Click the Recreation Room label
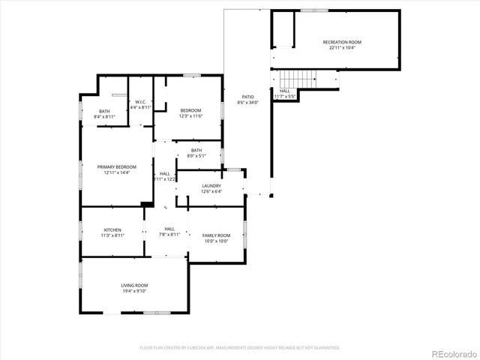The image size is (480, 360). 342,42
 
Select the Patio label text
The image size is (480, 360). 247,97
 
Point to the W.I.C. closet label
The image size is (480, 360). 141,102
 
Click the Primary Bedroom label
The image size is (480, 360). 117,166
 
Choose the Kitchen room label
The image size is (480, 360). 113,229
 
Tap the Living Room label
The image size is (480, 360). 135,286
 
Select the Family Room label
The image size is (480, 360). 217,235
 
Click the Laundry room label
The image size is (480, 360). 211,185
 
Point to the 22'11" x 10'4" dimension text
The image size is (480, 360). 342,48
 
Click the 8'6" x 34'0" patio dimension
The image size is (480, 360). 247,103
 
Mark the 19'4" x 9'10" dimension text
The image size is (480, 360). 135,292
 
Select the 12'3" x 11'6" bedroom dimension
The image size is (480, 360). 191,116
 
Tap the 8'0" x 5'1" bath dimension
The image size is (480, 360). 196,156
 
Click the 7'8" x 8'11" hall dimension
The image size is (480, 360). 169,235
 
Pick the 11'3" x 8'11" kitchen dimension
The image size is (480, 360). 113,235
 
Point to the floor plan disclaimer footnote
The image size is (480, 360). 240,348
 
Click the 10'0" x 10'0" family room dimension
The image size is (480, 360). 217,241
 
